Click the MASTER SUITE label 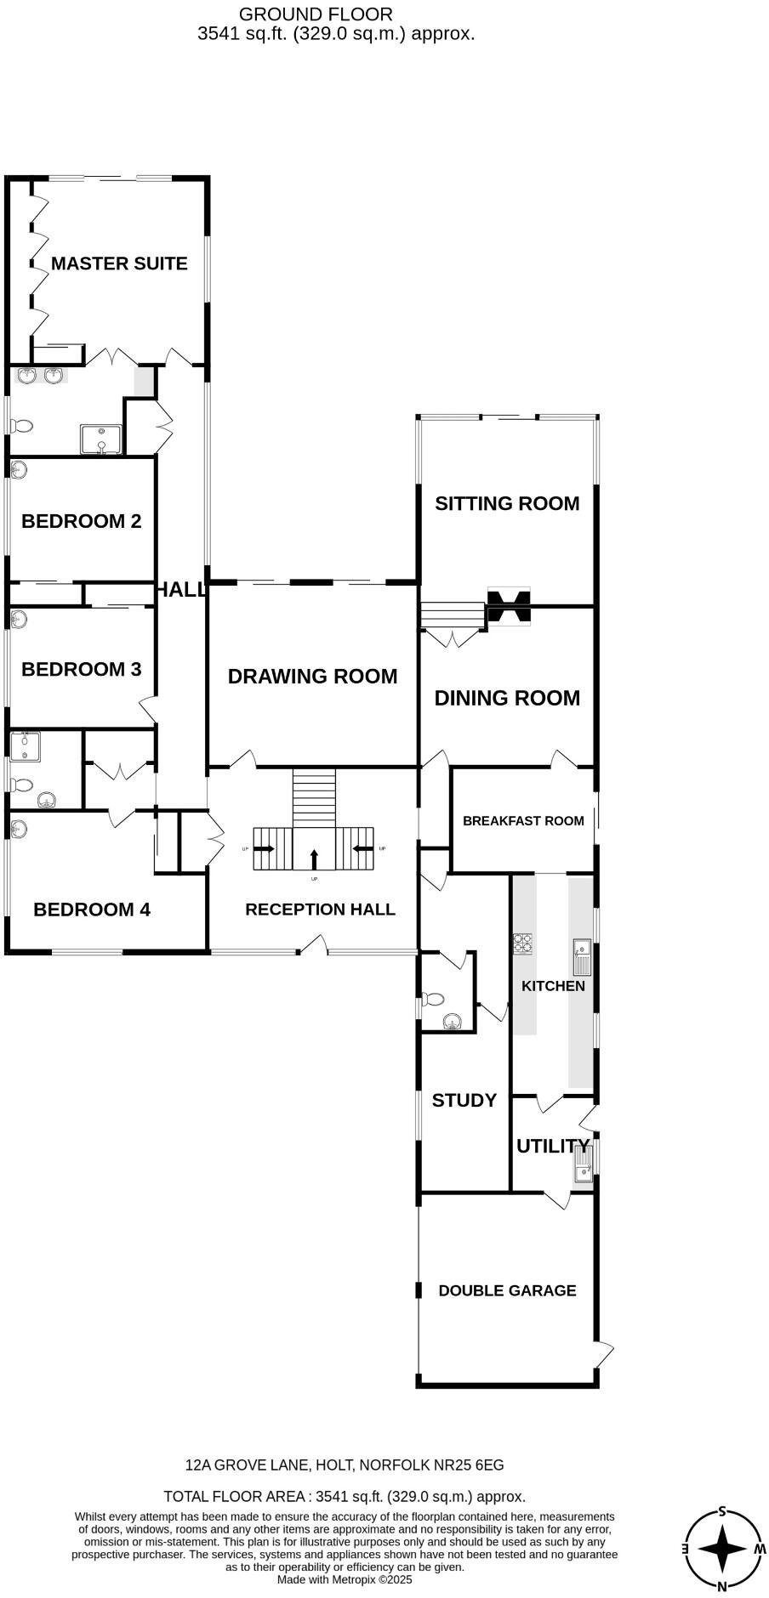(119, 263)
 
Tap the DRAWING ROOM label (312, 677)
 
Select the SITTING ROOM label (507, 503)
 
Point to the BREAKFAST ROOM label (523, 821)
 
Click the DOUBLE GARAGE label (507, 1290)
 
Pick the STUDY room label (464, 1101)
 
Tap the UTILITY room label (552, 1146)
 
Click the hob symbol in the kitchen (522, 943)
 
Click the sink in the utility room (583, 1164)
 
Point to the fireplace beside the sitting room (508, 607)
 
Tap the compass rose (722, 1549)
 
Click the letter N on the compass (722, 1586)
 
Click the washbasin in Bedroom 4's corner (18, 827)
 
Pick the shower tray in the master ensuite (101, 439)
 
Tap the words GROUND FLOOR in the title (316, 14)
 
